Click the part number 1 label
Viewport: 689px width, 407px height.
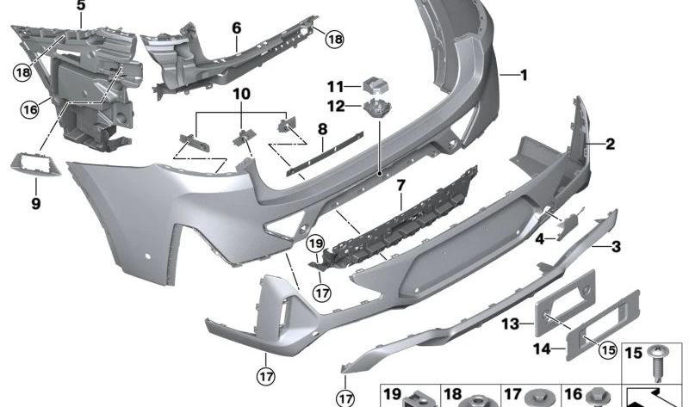(523, 75)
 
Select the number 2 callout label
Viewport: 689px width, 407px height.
(610, 145)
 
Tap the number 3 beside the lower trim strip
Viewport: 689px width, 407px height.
(616, 248)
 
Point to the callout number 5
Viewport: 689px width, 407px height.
(81, 6)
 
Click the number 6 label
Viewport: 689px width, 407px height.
(236, 28)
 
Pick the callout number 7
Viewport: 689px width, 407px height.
(400, 185)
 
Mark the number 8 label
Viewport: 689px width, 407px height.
(322, 130)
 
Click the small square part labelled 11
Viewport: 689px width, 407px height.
(375, 83)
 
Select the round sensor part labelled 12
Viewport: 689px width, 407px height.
(376, 108)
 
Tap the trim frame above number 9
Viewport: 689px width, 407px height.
(33, 163)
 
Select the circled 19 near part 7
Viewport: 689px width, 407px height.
(316, 244)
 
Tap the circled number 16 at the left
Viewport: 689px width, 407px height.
(31, 109)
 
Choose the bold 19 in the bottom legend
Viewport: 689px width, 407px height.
(394, 394)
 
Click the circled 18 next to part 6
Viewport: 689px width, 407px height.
(332, 38)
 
